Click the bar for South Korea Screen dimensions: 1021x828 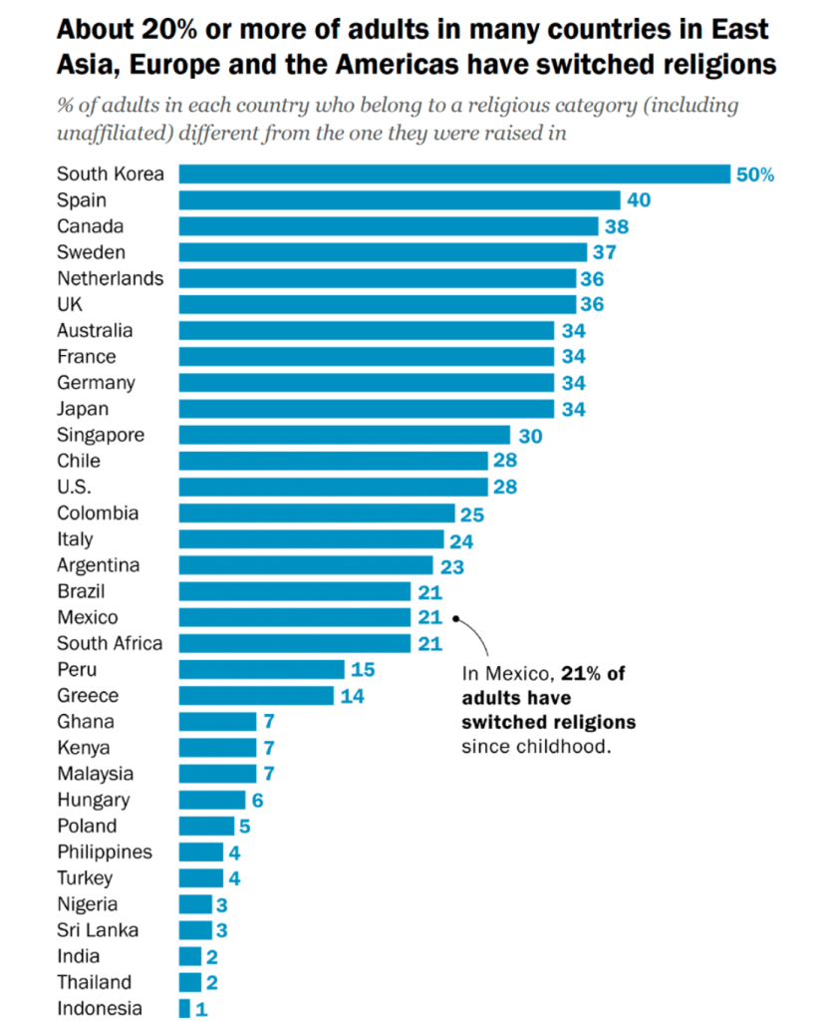pyautogui.click(x=454, y=174)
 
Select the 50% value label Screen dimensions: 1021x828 pyautogui.click(x=755, y=174)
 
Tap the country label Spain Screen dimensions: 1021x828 pyautogui.click(x=82, y=200)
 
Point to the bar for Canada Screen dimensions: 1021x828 pyautogui.click(x=389, y=226)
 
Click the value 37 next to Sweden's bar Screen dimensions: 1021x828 pyautogui.click(x=605, y=252)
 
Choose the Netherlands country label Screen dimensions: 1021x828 pyautogui.click(x=110, y=278)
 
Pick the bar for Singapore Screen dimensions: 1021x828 pyautogui.click(x=345, y=435)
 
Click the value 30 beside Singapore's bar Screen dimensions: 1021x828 pyautogui.click(x=529, y=435)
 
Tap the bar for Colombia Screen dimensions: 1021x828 pyautogui.click(x=317, y=513)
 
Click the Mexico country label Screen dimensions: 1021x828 pyautogui.click(x=87, y=617)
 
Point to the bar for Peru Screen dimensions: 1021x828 pyautogui.click(x=262, y=669)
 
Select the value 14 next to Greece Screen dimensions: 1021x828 pyautogui.click(x=353, y=696)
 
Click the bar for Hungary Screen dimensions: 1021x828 pyautogui.click(x=212, y=800)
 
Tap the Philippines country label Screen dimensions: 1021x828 pyautogui.click(x=105, y=851)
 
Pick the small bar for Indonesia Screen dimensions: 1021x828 pyautogui.click(x=184, y=1008)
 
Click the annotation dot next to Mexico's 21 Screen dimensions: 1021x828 pyautogui.click(x=455, y=617)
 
